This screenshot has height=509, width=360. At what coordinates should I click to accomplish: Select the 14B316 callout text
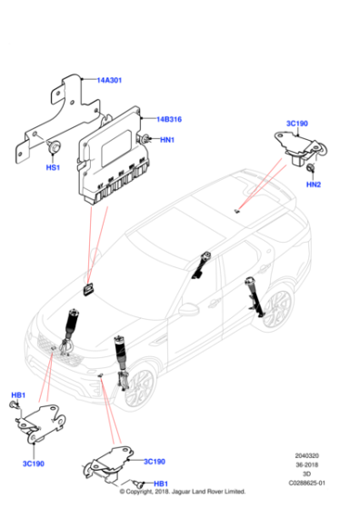169,119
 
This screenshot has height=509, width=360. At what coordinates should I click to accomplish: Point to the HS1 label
53,167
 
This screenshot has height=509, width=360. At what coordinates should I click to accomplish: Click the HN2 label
314,185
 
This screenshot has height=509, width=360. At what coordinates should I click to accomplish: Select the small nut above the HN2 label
310,169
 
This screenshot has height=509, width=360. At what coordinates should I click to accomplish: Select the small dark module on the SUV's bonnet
88,288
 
